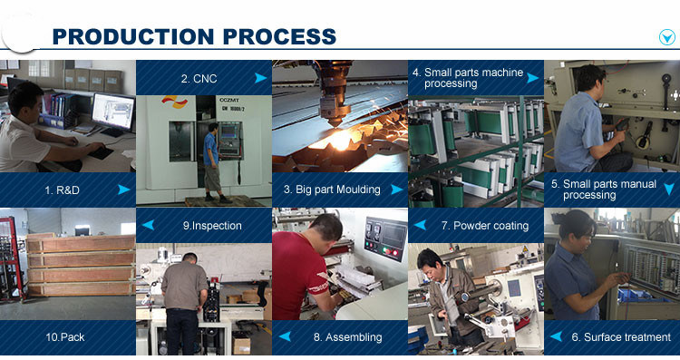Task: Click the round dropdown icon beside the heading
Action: coord(667,37)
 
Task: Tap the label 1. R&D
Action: coord(62,190)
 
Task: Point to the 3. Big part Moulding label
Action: coord(332,190)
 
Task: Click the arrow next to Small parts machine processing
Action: coord(533,78)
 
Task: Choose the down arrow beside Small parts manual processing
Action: coord(669,189)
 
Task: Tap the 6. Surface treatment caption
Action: coord(621,337)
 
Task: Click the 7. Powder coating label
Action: coord(485,226)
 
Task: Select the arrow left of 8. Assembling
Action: coord(285,336)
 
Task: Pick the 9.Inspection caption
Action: coord(212,226)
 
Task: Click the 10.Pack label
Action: coord(65,337)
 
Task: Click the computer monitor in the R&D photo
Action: coord(113,112)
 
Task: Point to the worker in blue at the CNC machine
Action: coord(212,162)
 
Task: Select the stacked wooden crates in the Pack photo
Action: coord(81,266)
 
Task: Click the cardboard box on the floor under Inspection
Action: coord(241,345)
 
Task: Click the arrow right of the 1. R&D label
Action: coord(124,190)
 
